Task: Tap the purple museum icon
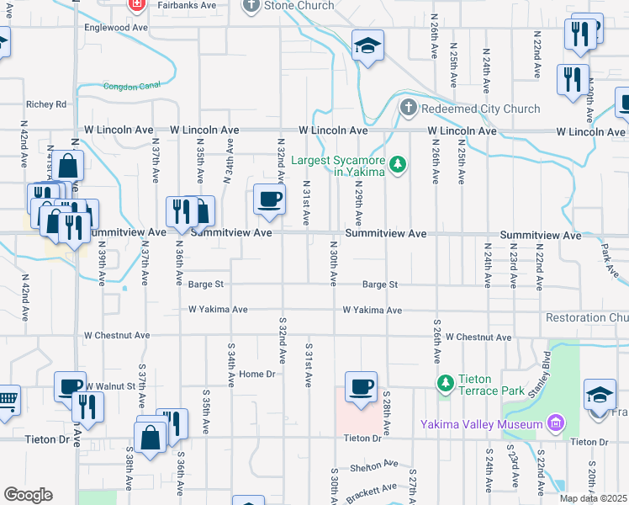(554, 423)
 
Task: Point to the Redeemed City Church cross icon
(408, 108)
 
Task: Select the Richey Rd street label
(46, 104)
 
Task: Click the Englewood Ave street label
(115, 27)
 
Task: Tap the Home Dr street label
(257, 374)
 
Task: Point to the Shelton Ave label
(375, 464)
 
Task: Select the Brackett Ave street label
(371, 489)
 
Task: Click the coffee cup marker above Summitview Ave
(269, 199)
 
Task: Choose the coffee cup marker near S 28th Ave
(362, 386)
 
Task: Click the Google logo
(28, 495)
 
